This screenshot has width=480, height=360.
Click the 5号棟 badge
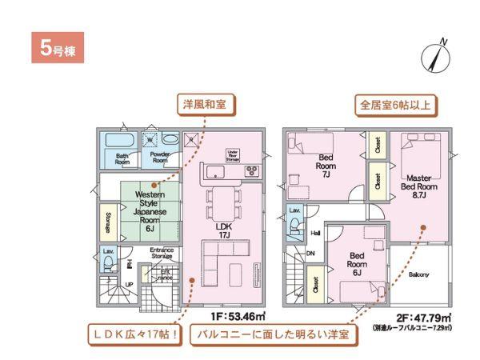(55, 47)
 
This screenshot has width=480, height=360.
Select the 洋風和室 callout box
(204, 104)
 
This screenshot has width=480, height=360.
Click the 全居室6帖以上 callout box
(397, 104)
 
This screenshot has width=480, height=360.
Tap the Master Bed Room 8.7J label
(419, 186)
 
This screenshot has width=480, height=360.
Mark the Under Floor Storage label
(234, 154)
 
